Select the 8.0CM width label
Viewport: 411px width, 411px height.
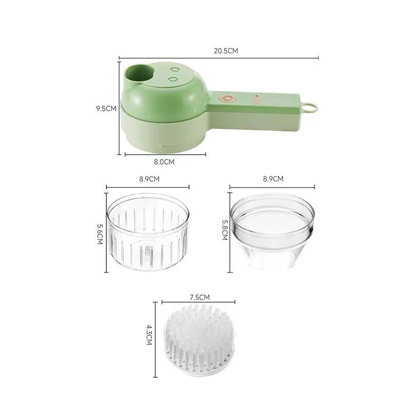pos(164,161)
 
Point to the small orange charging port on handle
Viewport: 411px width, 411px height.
pos(256,96)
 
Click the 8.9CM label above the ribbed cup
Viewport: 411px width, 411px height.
pos(149,179)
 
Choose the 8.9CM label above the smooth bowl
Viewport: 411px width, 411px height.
pos(272,179)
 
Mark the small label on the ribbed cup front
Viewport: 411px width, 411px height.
pos(147,251)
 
